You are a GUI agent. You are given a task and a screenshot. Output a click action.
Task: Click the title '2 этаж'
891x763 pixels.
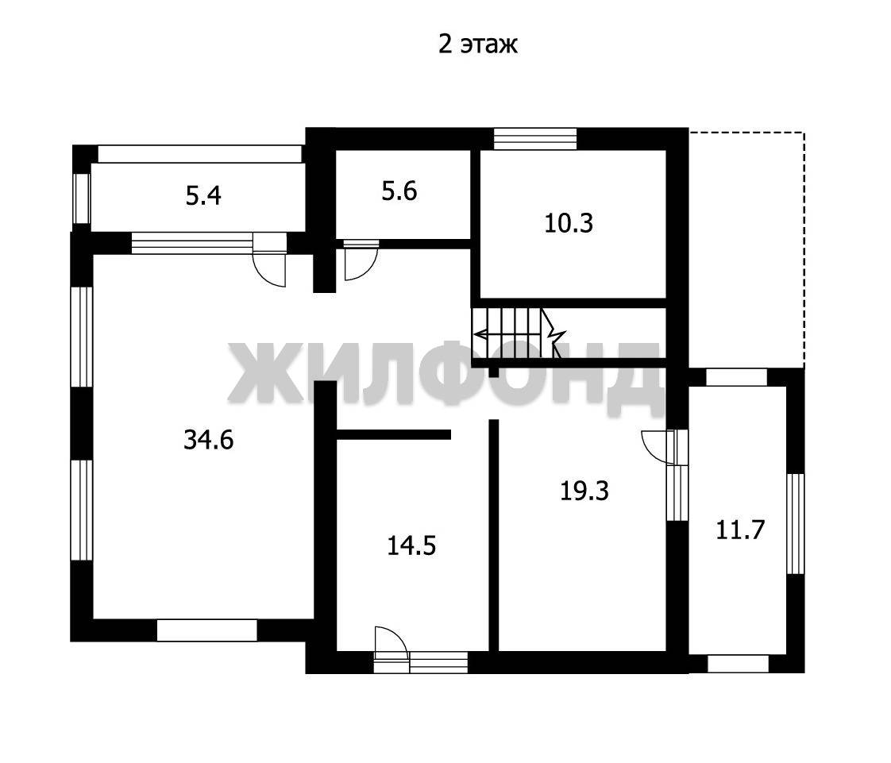tap(477, 44)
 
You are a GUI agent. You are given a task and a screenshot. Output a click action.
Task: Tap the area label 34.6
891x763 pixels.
tap(209, 440)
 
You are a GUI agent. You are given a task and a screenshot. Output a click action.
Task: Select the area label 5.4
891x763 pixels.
tap(203, 195)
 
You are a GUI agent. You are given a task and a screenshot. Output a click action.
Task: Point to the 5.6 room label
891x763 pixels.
tap(399, 191)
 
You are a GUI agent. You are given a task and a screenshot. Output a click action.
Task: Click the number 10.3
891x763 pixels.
tap(569, 223)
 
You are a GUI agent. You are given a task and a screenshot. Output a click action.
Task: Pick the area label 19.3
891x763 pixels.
tap(584, 491)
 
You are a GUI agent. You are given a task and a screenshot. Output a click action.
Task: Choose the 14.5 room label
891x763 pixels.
tap(411, 546)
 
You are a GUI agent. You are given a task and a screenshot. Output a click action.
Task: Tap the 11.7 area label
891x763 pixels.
tap(740, 530)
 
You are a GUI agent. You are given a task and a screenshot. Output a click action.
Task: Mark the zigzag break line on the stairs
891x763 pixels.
tap(553, 333)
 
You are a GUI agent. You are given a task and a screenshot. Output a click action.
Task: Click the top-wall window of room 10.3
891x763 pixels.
tap(534, 139)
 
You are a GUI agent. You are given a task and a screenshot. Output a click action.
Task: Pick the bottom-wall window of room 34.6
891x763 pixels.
tap(206, 630)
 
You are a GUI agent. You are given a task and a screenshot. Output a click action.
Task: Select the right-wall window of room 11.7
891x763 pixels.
tap(796, 523)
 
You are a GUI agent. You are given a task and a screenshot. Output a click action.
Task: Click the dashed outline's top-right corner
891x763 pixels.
tap(804, 133)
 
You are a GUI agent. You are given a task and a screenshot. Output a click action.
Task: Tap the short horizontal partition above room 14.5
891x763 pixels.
tap(393, 434)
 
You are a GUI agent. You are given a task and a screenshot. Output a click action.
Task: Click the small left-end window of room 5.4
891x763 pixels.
tap(82, 198)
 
